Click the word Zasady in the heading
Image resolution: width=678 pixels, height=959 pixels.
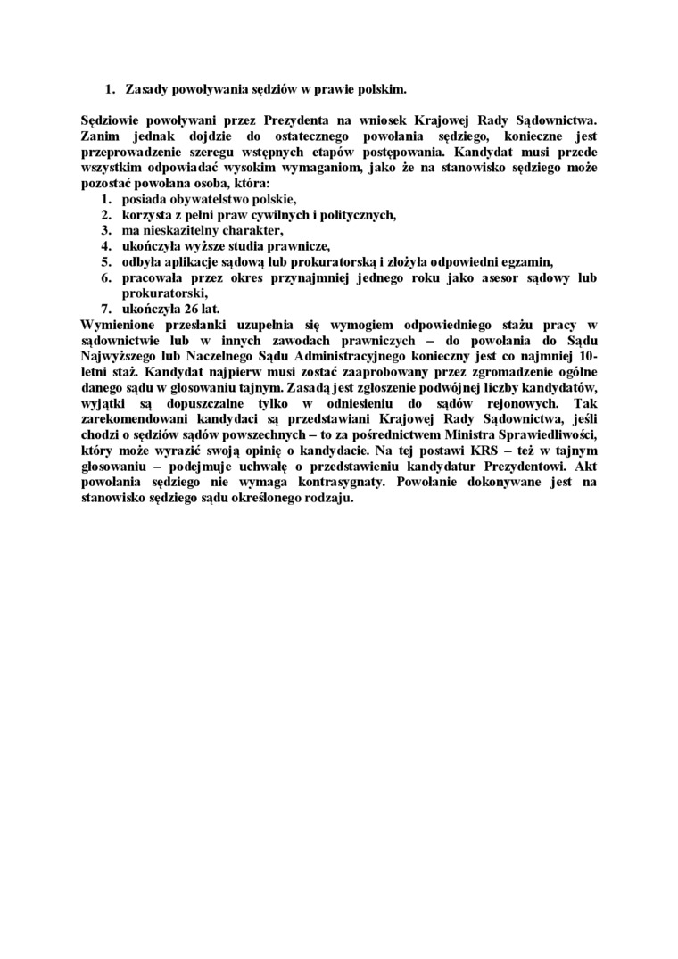coord(148,89)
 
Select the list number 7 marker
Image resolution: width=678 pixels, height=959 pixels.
coord(104,310)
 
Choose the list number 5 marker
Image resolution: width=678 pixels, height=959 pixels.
coord(104,262)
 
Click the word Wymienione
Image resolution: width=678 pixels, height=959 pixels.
coord(120,326)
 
